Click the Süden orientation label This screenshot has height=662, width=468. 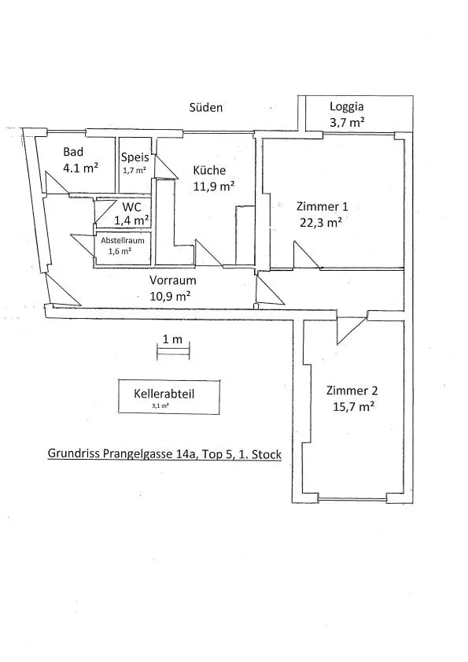206,107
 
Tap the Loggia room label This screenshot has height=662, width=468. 346,107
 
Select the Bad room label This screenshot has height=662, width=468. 73,152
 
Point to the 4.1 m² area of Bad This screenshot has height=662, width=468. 80,168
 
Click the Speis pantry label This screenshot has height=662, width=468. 135,157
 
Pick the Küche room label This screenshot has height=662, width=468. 209,170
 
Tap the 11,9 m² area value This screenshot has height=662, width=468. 214,187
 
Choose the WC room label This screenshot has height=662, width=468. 132,207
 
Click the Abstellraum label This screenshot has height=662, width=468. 123,241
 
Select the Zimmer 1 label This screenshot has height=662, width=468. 322,206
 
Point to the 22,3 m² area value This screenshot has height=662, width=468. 321,222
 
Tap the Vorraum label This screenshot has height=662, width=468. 172,280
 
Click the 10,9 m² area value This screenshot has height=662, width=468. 171,296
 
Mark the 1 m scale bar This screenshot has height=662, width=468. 173,351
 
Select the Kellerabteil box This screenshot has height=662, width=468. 169,397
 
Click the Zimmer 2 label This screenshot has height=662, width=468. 352,390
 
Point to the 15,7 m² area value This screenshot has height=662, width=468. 354,407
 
